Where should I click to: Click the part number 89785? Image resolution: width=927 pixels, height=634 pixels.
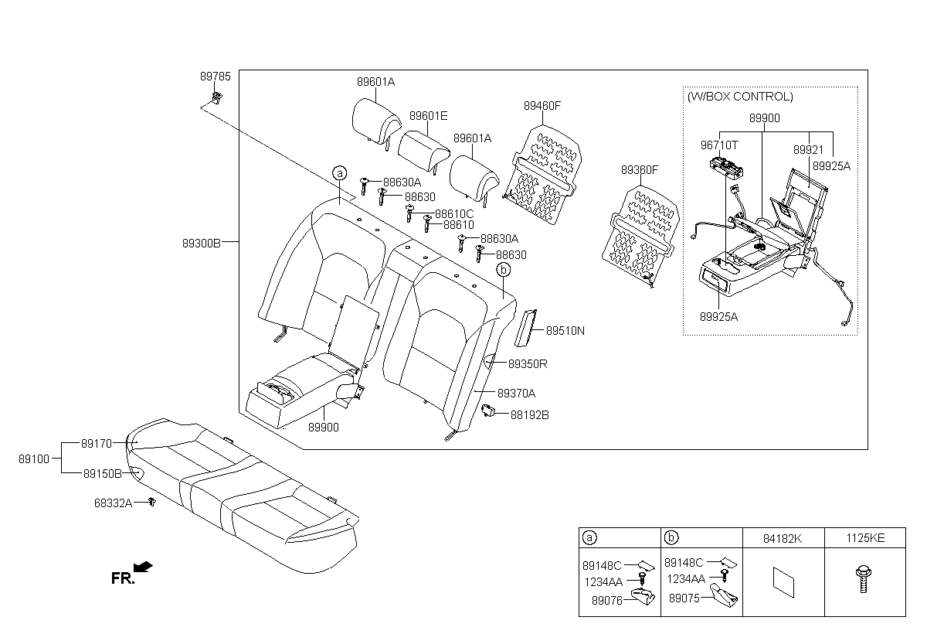click(216, 77)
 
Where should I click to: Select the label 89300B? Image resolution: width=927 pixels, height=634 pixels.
click(202, 243)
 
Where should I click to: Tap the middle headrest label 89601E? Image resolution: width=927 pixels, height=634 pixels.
click(428, 116)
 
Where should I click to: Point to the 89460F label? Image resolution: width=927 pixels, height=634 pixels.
click(542, 106)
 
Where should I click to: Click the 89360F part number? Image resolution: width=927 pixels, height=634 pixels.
click(640, 170)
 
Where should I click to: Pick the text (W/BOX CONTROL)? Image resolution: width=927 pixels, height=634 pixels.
click(740, 97)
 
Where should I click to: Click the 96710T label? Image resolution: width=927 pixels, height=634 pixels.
click(719, 145)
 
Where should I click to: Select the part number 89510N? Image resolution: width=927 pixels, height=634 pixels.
click(565, 330)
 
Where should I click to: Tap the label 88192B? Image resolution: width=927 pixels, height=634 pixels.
click(530, 415)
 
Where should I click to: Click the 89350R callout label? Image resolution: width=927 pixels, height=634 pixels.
click(528, 364)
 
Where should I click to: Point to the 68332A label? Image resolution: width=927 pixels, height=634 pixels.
click(114, 503)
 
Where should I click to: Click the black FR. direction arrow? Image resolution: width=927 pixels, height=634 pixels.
click(143, 567)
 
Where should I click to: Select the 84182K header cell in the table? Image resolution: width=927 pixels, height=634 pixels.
click(783, 538)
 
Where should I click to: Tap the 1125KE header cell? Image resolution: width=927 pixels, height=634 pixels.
click(865, 538)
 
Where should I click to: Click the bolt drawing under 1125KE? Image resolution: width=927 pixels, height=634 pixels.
click(864, 579)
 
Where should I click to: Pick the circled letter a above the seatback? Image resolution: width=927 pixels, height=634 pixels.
click(340, 173)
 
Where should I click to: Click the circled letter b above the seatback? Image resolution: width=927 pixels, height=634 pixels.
click(503, 270)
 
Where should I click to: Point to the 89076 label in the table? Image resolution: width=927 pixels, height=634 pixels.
click(607, 601)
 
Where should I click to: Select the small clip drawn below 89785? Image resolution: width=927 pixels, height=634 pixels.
click(216, 98)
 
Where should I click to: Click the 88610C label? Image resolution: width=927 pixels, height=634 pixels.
click(454, 213)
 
